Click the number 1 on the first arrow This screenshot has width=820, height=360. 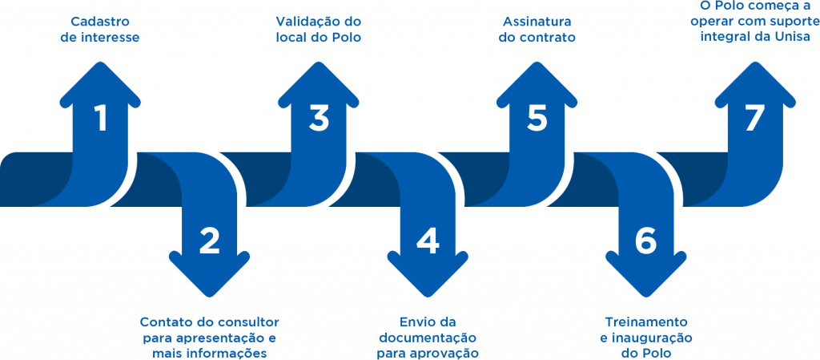click(101, 119)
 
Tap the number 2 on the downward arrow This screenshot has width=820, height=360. click(210, 241)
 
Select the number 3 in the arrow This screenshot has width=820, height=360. click(319, 119)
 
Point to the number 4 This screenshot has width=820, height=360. click(428, 241)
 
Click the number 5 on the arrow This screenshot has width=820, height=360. click(537, 119)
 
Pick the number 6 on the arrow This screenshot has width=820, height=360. click(645, 241)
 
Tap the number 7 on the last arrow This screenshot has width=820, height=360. click(754, 119)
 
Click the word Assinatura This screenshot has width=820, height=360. click(537, 21)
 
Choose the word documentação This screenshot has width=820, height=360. click(428, 338)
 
